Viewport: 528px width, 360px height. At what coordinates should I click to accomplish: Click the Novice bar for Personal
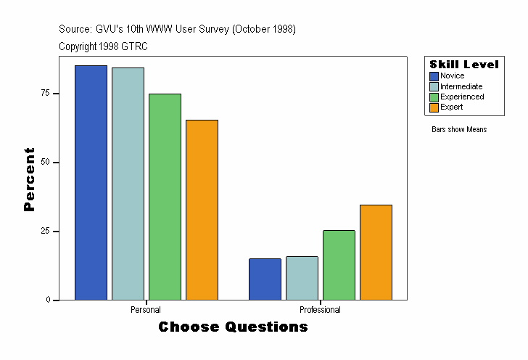[91, 182]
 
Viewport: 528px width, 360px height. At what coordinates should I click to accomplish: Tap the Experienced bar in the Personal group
[165, 197]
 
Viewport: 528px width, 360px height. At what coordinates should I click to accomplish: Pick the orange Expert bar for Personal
[202, 210]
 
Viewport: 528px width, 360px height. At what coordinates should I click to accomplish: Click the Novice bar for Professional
[265, 279]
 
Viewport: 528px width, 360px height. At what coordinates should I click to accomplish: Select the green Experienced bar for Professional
[339, 265]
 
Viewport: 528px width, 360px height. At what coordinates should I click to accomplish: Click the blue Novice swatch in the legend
[434, 76]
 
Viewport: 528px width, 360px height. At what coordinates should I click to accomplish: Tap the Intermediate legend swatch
[434, 86]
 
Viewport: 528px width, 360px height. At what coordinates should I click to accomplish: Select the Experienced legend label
[462, 97]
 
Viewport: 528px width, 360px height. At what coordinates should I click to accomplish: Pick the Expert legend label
[451, 107]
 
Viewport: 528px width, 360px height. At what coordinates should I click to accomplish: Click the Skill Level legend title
[464, 65]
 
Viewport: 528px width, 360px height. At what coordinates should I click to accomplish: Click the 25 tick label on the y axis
[45, 231]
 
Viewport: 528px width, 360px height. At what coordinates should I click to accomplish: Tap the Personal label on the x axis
[146, 310]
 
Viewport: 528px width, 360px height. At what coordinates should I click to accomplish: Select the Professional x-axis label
[320, 310]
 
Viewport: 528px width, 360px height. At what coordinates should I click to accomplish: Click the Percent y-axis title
[29, 179]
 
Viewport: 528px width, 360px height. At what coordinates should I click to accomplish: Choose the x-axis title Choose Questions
[233, 327]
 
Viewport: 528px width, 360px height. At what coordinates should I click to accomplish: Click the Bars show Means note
[459, 130]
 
